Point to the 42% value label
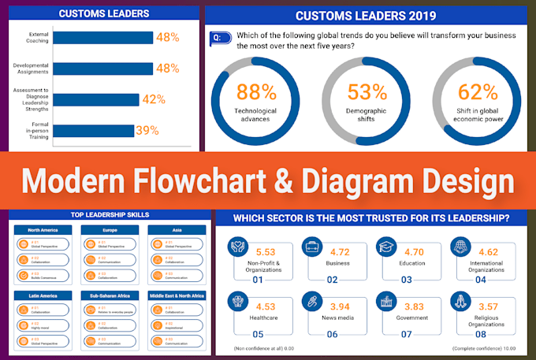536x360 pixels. [x=154, y=99]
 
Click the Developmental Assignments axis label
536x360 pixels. [x=31, y=69]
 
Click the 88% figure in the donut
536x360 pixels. [x=256, y=92]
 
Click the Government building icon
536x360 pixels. [x=385, y=302]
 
